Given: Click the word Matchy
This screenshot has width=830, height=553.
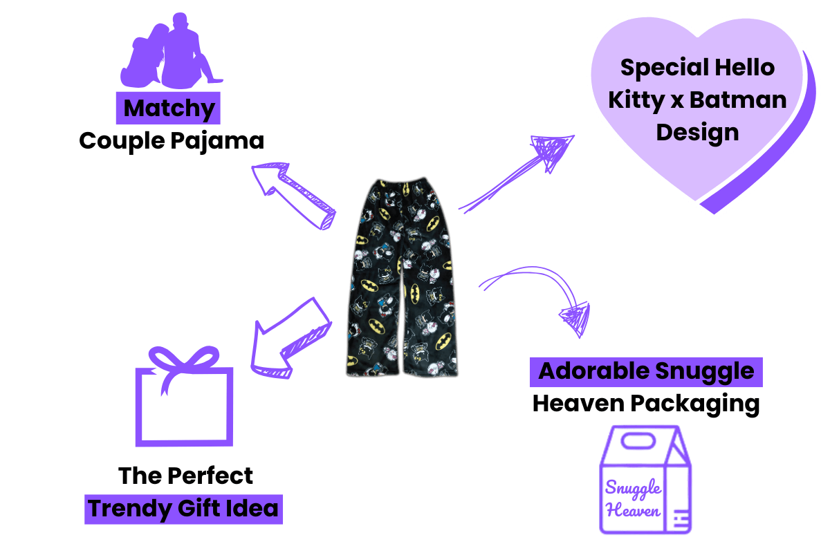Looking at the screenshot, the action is point(169,108).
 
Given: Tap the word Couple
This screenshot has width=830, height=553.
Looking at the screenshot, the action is point(122,141).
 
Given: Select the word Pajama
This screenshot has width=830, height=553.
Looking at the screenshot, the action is point(217,141).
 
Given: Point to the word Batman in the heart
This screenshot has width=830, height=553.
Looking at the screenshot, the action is point(738,100).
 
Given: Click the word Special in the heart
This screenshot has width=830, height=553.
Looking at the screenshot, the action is point(665,68).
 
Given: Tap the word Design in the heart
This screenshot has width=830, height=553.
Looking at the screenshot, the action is point(697,133).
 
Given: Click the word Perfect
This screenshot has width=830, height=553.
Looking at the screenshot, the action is point(210,476).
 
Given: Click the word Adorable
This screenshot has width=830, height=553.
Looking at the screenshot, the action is point(594,371).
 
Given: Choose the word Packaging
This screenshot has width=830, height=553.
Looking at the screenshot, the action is point(695,404).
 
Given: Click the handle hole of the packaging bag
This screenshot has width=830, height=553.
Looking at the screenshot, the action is point(638,441).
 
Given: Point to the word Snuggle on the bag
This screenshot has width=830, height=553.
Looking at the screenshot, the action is point(633,488).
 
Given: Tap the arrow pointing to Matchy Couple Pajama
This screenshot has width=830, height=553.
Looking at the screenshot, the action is point(293,196).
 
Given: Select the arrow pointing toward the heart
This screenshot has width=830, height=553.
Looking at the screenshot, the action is point(517,174).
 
